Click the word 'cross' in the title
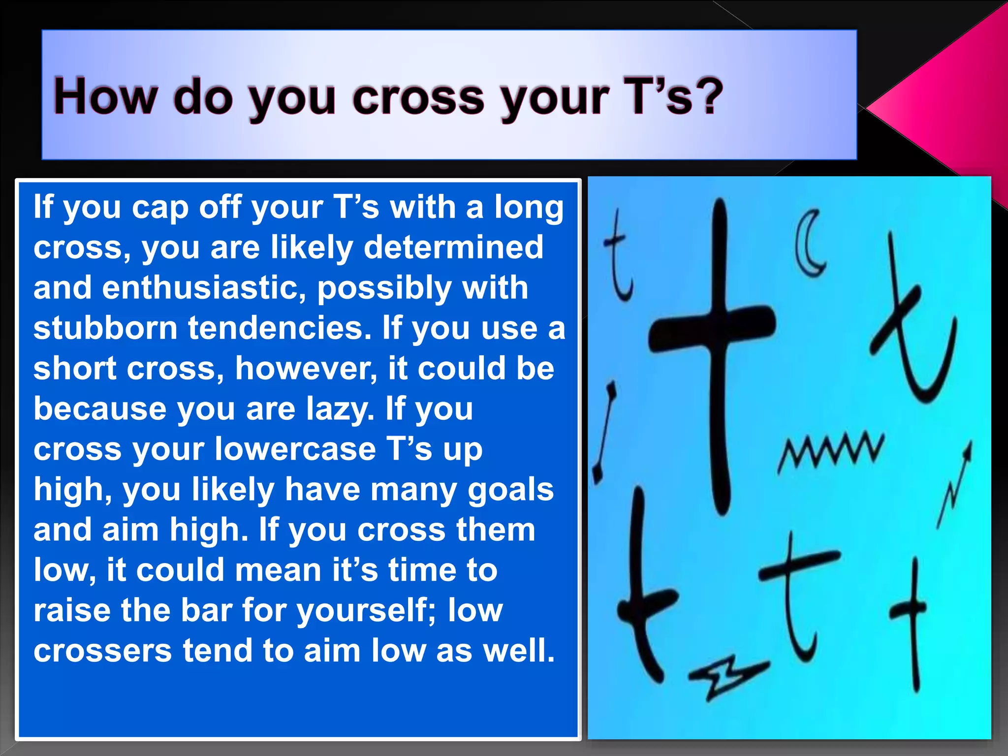pos(418,97)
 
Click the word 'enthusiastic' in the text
pos(204,287)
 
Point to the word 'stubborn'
pos(105,328)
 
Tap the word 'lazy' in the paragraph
pos(337,409)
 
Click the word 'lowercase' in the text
pos(295,449)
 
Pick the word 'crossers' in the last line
pos(102,651)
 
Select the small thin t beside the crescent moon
pos(618,256)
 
